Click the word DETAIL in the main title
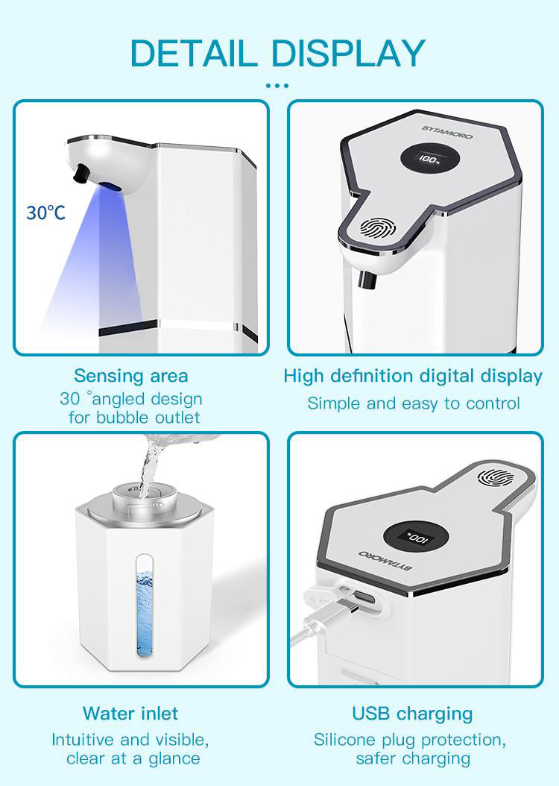(194, 53)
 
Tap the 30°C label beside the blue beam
(45, 213)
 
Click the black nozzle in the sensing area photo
(80, 173)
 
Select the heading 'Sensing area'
(131, 375)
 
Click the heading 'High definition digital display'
(413, 377)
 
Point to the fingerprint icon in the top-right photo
(378, 228)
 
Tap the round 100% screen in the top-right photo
(430, 160)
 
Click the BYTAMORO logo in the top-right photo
(447, 132)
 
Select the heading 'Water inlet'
(130, 714)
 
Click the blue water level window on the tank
(145, 606)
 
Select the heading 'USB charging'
(412, 714)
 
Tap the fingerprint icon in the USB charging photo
(496, 478)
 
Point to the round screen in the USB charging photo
(416, 538)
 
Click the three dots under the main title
(277, 86)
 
